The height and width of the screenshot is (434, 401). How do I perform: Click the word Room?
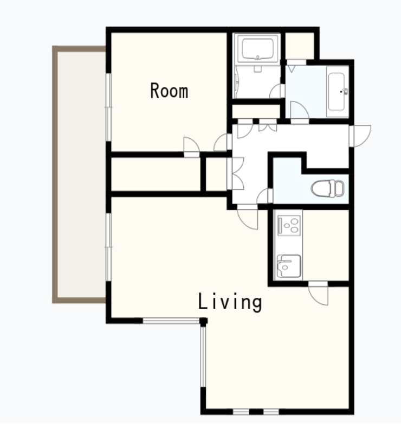tap(169, 91)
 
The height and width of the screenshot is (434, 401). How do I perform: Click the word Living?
tap(230, 302)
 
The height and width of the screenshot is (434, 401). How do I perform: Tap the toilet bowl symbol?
tap(328, 188)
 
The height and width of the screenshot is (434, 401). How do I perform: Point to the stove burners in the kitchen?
tap(289, 225)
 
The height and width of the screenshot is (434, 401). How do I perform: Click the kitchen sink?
tap(288, 266)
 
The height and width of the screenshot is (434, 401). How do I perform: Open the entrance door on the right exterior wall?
tap(360, 136)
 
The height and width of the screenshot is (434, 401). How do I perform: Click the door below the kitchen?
tap(319, 293)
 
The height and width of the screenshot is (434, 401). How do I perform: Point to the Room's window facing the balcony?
tap(109, 107)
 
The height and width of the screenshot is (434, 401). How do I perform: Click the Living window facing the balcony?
tap(109, 247)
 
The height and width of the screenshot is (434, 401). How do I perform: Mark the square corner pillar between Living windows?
tap(204, 321)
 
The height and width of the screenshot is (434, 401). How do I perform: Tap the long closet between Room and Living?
tap(156, 174)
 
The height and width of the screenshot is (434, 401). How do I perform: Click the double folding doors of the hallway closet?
tap(235, 174)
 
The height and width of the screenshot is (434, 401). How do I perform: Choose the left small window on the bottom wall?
tap(241, 412)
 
